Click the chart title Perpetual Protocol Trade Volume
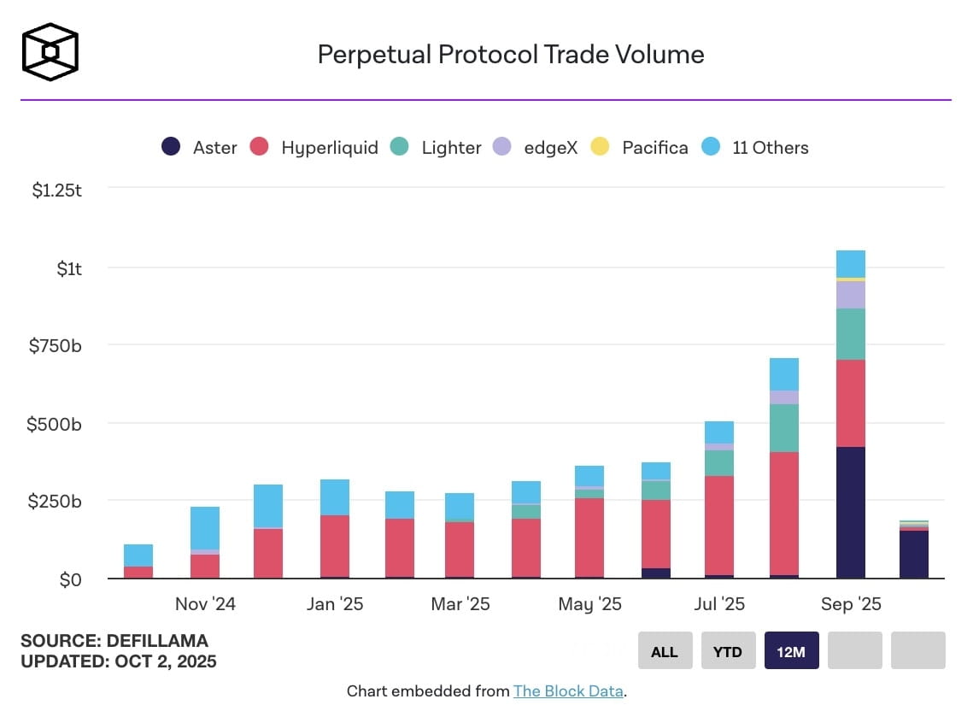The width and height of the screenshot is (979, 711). click(x=511, y=55)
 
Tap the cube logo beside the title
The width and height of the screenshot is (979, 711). click(x=50, y=51)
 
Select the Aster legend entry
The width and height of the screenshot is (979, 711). click(x=199, y=147)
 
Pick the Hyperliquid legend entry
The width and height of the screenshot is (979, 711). click(x=314, y=147)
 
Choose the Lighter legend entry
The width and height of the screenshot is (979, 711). click(x=436, y=147)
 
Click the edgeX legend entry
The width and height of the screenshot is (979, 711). click(x=536, y=147)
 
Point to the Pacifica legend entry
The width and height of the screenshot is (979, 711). click(x=640, y=147)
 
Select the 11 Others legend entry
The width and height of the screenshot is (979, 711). click(x=754, y=147)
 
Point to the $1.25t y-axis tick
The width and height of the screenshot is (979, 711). click(x=56, y=191)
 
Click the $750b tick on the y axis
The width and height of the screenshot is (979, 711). click(x=56, y=345)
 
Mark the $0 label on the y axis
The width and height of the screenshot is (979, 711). click(x=70, y=579)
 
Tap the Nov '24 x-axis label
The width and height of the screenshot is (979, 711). click(x=205, y=604)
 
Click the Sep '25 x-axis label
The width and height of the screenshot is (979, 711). click(x=850, y=604)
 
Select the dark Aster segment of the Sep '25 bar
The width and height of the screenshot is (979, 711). click(x=851, y=513)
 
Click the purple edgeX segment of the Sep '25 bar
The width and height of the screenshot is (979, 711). click(x=851, y=295)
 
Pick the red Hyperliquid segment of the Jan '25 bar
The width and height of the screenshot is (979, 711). click(x=335, y=547)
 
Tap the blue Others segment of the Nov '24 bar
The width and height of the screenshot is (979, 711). click(x=205, y=527)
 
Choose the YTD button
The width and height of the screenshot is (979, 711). click(x=727, y=652)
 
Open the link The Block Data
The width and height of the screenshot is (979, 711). click(x=568, y=690)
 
